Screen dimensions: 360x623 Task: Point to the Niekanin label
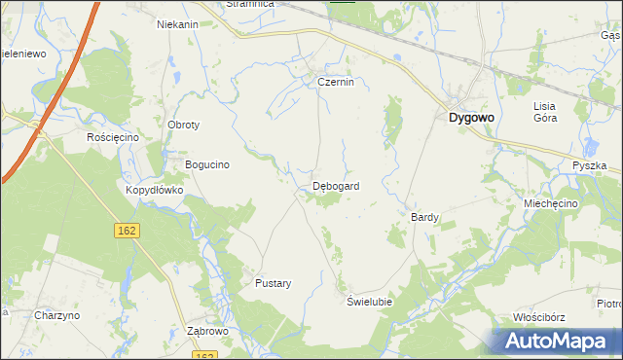pos(177,24)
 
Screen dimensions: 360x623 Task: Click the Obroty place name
pos(184,126)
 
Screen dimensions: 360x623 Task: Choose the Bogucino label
pos(206,164)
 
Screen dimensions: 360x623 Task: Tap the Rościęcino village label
pos(114,138)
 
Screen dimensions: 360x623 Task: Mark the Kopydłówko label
pos(154,190)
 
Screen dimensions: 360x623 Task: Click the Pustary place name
pos(273,283)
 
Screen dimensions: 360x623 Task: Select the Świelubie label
pos(370,302)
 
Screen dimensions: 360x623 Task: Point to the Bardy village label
pos(425,217)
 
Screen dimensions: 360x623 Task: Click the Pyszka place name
pos(589,166)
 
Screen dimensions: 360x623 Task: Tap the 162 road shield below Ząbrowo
pos(204,355)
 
